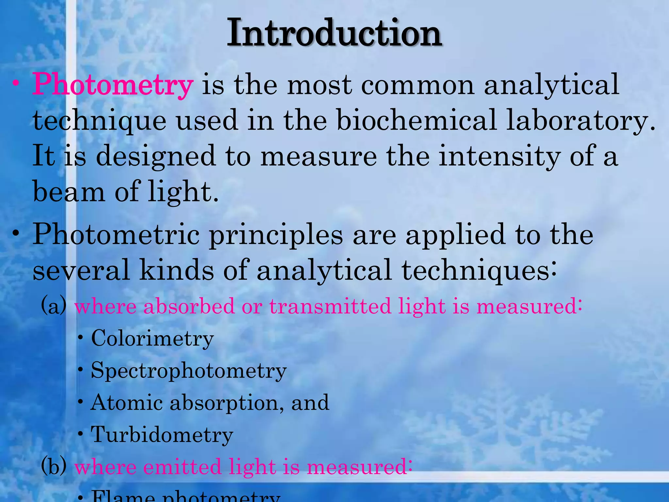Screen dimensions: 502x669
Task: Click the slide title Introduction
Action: [x=334, y=34]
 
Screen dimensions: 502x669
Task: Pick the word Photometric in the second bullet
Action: [x=116, y=235]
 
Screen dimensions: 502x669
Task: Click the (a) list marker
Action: [x=54, y=306]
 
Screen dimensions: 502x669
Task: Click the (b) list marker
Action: [x=54, y=466]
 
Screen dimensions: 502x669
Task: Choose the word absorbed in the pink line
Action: [x=189, y=306]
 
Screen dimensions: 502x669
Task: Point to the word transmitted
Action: [x=330, y=306]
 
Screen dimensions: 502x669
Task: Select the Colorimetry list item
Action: [x=152, y=338]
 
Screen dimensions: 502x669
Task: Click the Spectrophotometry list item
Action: [x=188, y=371]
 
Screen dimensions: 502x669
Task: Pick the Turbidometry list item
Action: [x=162, y=435]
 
